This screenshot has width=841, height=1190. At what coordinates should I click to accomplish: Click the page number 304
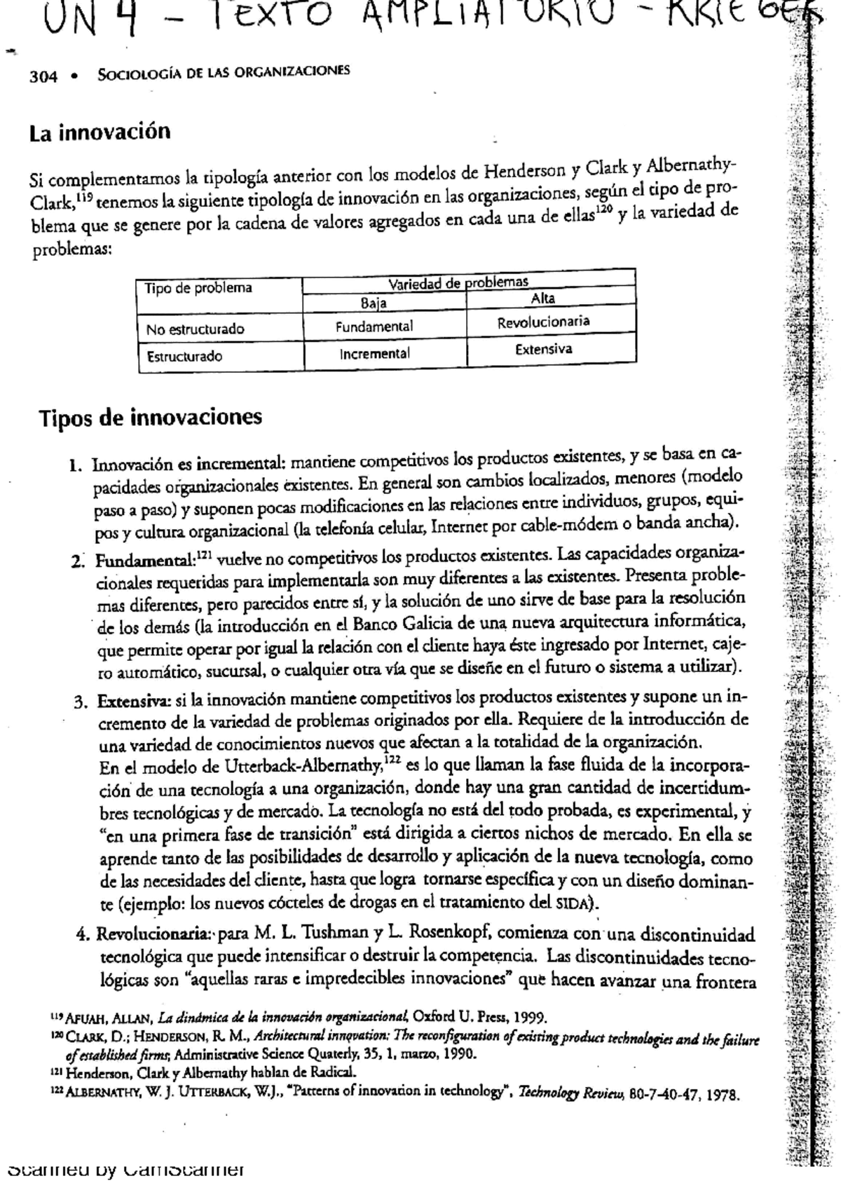tap(43, 76)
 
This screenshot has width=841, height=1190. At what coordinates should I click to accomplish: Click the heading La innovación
tap(100, 132)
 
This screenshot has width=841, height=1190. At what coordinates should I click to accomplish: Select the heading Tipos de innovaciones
tap(150, 417)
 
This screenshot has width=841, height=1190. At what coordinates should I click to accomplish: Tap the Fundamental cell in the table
tap(374, 327)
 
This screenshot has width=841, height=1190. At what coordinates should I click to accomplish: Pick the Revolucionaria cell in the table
tap(543, 322)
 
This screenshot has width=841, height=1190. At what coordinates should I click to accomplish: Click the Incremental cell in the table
tap(374, 354)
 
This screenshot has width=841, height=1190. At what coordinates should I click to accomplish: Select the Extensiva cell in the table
tap(543, 349)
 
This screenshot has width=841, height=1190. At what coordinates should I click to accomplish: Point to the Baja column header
tap(374, 303)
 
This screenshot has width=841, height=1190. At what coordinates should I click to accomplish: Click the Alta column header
tap(543, 298)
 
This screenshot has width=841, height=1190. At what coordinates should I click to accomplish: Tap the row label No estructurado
tap(195, 329)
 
